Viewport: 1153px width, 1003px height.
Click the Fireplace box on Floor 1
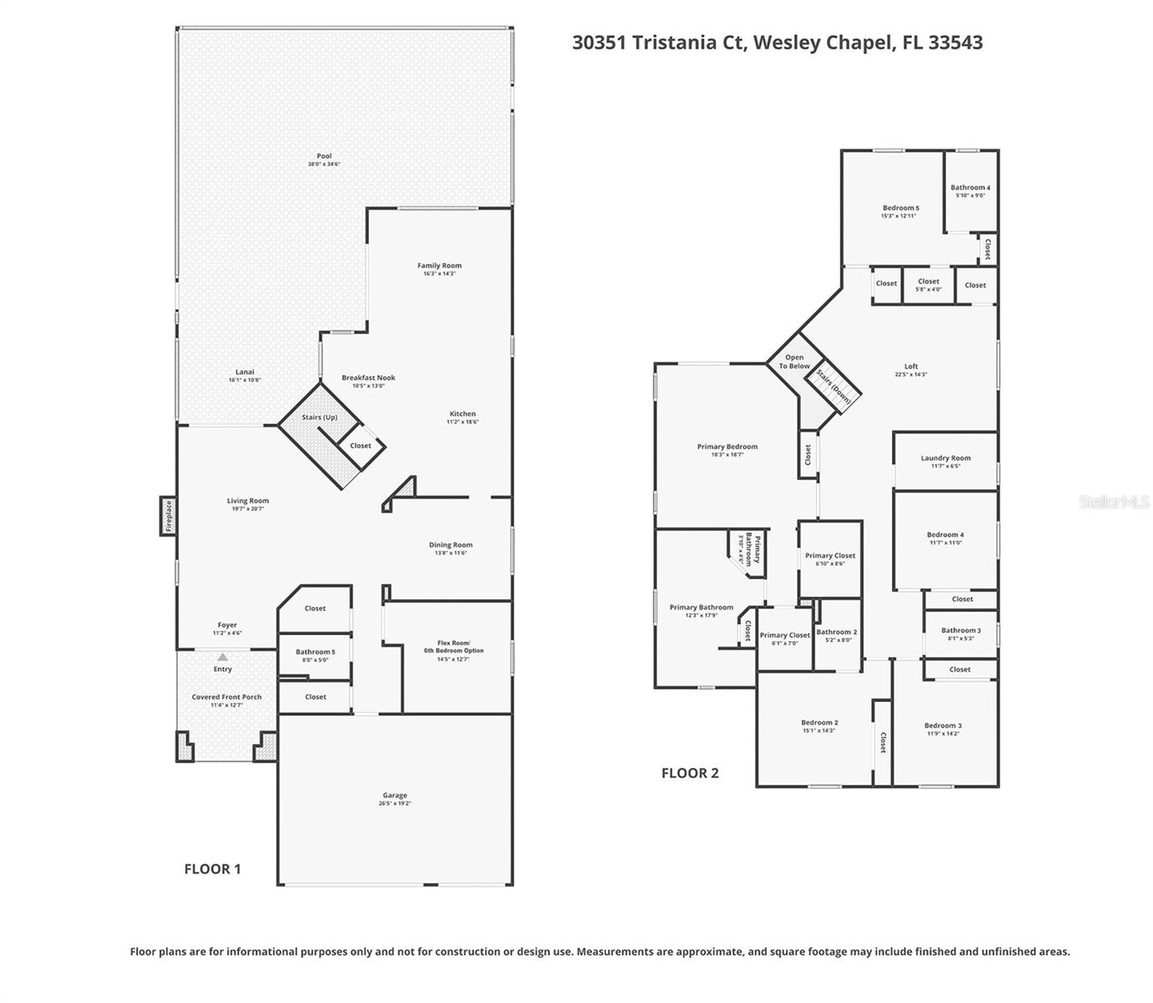click(x=168, y=516)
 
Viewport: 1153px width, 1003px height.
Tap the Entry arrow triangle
click(x=222, y=658)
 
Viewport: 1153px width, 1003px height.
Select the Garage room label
click(x=395, y=796)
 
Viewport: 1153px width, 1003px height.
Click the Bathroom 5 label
click(x=315, y=652)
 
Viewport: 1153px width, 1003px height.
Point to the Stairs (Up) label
click(x=319, y=417)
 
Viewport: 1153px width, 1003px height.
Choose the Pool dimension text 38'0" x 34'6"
click(x=324, y=164)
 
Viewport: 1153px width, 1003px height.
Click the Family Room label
click(x=439, y=266)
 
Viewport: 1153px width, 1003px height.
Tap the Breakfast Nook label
click(x=368, y=378)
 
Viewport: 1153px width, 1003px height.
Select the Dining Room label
click(x=451, y=545)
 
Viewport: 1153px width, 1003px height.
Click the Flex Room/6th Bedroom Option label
click(x=460, y=647)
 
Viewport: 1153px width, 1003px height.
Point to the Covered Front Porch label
click(x=227, y=697)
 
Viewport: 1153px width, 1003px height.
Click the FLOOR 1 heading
click(x=212, y=869)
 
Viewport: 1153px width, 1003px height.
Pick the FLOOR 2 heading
click(x=690, y=773)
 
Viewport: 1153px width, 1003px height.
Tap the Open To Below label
click(x=794, y=362)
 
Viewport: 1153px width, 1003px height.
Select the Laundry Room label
click(x=946, y=458)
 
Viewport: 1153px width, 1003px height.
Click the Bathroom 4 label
click(x=970, y=188)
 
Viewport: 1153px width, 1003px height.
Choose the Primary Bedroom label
click(x=727, y=447)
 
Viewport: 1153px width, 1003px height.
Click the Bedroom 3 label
click(x=943, y=726)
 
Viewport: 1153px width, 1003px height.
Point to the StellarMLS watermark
click(x=1115, y=502)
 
